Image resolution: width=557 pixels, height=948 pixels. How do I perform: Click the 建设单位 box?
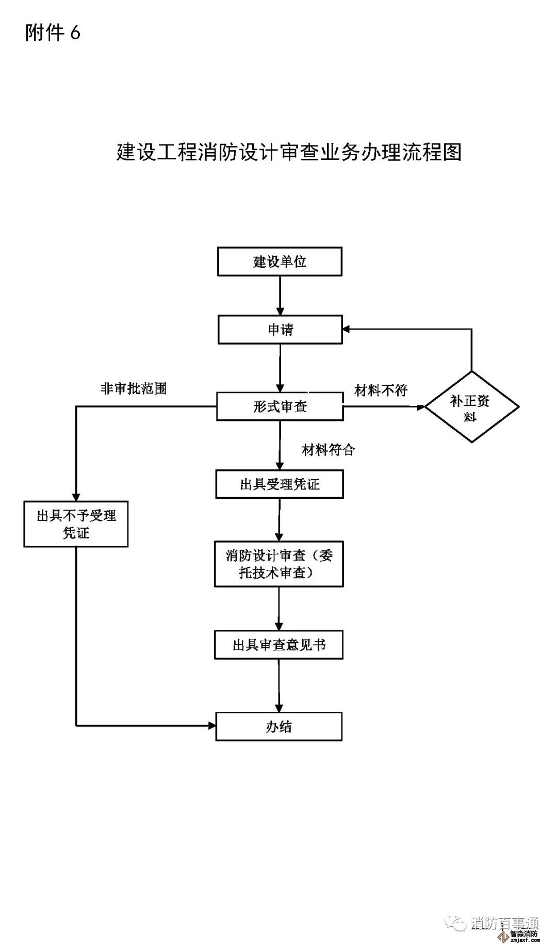coord(280,261)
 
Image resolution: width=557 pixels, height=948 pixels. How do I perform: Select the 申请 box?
coord(280,330)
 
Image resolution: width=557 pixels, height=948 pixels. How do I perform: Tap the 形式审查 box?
coord(280,406)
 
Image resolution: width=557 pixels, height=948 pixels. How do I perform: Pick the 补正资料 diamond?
coord(471,407)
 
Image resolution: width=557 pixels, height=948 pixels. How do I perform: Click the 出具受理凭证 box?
coord(280,484)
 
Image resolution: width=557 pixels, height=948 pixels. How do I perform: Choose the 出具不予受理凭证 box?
coord(76,524)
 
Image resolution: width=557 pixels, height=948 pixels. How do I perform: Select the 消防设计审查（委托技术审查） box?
coord(279,564)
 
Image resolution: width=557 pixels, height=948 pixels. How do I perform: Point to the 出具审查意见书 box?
coord(279,645)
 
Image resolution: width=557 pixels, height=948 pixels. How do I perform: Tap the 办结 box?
coord(279,727)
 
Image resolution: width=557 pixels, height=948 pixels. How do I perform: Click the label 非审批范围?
coord(134,388)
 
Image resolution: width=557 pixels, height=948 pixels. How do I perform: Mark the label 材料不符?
coord(381,390)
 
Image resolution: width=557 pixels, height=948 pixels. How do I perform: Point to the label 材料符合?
coord(329,450)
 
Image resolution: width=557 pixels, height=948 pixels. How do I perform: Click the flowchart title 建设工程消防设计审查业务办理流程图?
coord(289,152)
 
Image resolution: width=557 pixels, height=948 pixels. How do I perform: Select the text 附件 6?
coord(53,33)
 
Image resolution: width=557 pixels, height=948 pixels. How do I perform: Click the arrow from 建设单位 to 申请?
coord(280,296)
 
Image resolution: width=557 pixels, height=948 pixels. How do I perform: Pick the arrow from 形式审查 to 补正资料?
coord(384,406)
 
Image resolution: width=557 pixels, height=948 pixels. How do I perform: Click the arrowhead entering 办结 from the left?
coord(211,726)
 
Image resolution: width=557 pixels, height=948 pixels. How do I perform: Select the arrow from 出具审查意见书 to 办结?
coord(279,686)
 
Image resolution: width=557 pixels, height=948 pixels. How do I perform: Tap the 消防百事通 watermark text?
coord(504,923)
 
